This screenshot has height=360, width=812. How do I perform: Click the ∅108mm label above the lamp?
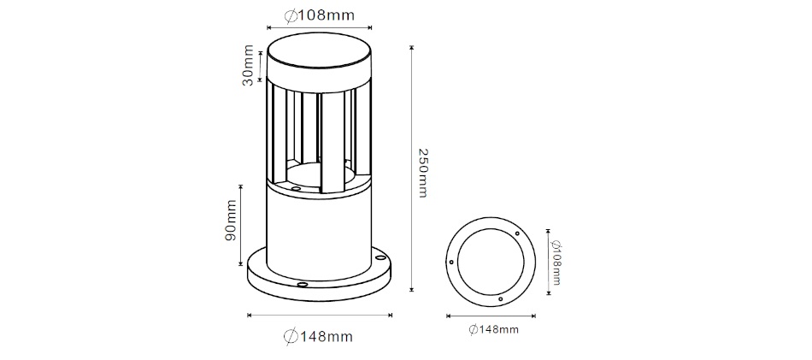[x=320, y=15]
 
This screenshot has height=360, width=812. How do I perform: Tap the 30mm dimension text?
[x=249, y=65]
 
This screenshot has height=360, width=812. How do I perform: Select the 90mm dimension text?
[x=231, y=220]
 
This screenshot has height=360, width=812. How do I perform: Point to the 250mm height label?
[x=422, y=173]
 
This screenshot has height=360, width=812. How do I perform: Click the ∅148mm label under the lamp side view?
[x=319, y=337]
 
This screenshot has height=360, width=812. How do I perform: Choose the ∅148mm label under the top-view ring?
[x=493, y=329]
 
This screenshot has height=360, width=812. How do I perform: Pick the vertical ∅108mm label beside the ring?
[x=556, y=263]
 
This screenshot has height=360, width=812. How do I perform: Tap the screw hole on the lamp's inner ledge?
[x=296, y=189]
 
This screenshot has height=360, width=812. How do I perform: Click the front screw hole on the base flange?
[x=302, y=285]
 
